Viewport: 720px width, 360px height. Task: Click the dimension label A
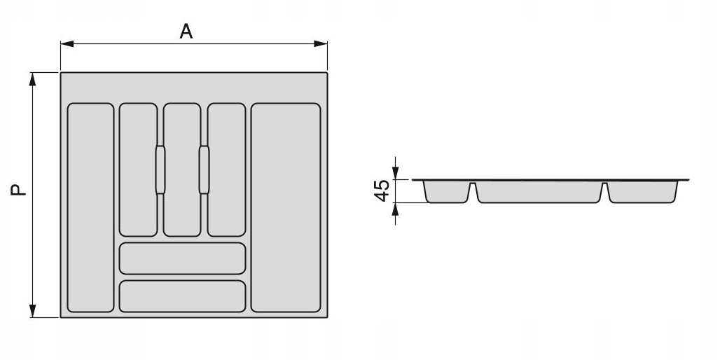(186, 32)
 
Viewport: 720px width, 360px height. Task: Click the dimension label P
(19, 190)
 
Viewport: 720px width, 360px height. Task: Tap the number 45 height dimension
(382, 191)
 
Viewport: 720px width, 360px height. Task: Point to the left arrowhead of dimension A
(67, 43)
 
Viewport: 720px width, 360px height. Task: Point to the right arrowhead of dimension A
(321, 43)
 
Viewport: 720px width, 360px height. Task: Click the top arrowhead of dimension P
(32, 79)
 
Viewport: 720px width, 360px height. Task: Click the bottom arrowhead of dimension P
(32, 311)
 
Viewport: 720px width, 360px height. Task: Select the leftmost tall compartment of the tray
(90, 207)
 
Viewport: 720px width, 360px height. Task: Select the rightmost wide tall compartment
(286, 207)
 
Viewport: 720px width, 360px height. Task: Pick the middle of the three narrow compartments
(182, 170)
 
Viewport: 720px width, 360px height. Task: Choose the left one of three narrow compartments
(138, 170)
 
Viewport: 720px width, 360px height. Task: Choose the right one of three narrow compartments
(226, 170)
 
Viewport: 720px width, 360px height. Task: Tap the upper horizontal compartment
(182, 258)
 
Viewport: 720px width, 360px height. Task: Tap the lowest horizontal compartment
(182, 296)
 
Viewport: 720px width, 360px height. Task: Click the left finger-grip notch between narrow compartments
(160, 169)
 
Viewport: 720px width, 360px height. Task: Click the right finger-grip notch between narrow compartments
(204, 169)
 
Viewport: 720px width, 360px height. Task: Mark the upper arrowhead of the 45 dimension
(395, 173)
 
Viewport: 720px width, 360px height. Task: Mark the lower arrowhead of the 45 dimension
(395, 209)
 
